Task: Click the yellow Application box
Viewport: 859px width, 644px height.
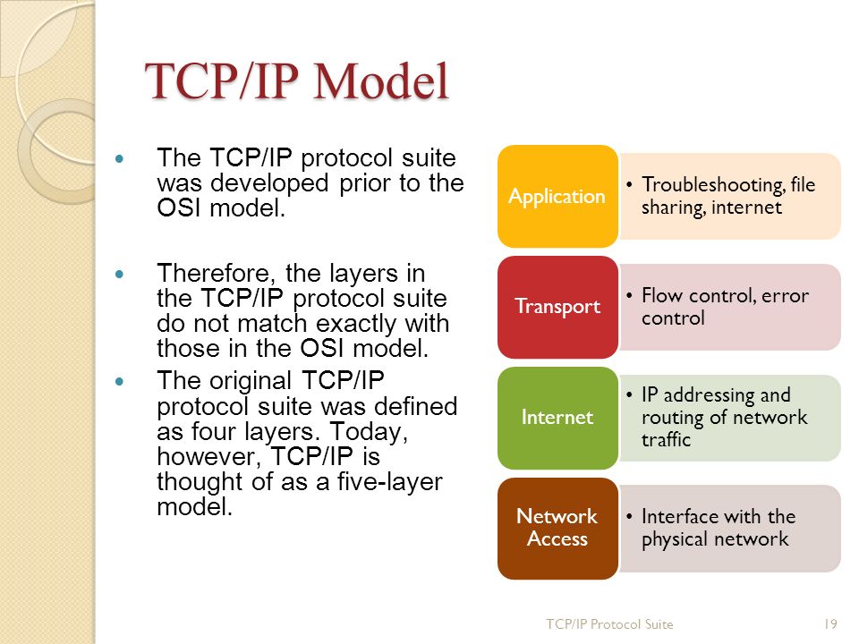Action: (x=557, y=196)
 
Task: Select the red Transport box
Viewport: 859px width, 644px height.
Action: (x=557, y=307)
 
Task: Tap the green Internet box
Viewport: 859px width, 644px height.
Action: (x=557, y=417)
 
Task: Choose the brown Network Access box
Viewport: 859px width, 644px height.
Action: (x=557, y=528)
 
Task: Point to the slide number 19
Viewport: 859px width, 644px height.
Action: (x=829, y=623)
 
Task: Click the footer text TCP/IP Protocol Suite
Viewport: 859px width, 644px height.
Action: (x=609, y=623)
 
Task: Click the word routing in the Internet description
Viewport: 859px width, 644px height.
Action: (x=671, y=418)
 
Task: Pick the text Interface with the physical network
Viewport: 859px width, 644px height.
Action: (x=718, y=528)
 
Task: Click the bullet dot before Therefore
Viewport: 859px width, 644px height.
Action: (x=124, y=271)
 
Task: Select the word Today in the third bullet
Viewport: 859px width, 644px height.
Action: (x=377, y=431)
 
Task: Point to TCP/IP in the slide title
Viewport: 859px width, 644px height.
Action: (x=223, y=81)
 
